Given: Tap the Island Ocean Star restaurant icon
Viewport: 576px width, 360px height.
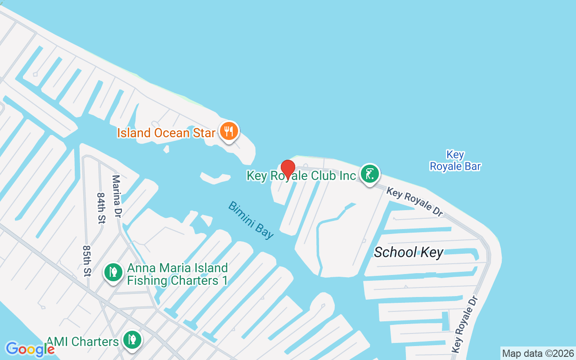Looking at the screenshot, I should [x=229, y=131].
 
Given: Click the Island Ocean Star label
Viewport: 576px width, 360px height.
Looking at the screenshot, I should [x=166, y=133].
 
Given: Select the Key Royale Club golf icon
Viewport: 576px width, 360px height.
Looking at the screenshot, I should [x=369, y=174].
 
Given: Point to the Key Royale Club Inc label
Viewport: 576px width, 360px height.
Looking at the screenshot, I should [x=301, y=175].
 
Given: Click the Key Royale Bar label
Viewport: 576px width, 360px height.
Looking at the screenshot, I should [x=455, y=161].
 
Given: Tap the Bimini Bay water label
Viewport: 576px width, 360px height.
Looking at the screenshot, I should [x=251, y=220].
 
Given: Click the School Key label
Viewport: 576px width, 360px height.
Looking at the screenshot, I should [x=409, y=252].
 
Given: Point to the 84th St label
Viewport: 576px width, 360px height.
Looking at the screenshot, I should [x=100, y=208].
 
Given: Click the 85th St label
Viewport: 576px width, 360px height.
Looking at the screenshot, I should [x=87, y=261].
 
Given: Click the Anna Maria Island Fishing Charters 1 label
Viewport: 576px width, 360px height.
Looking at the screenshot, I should [x=177, y=274].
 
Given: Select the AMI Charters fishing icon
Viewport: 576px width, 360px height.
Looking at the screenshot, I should [x=132, y=340].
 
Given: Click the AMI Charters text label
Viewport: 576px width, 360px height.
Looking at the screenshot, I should [x=83, y=342].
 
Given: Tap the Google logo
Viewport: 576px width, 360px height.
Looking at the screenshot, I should [x=30, y=349].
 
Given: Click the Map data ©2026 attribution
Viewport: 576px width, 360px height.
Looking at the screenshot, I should [x=538, y=353].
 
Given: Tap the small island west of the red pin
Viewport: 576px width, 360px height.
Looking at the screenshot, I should [x=215, y=178].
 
